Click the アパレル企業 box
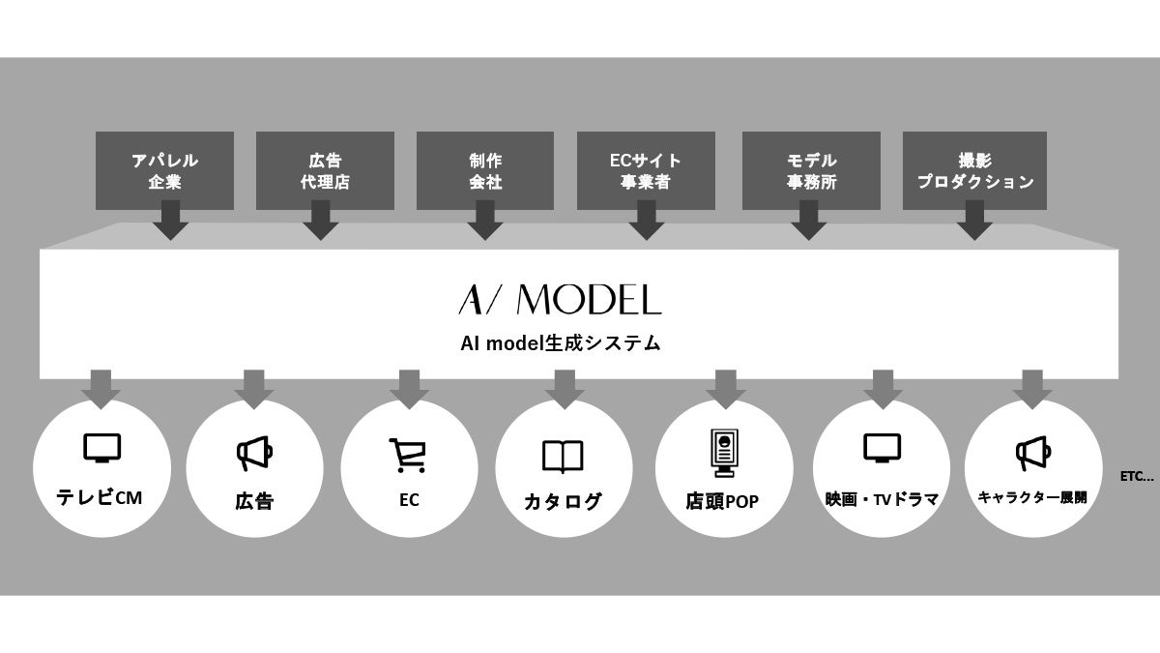(165, 170)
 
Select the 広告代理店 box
(325, 170)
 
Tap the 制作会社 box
(485, 170)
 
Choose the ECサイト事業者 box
(646, 170)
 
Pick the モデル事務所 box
(811, 170)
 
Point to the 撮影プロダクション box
(975, 170)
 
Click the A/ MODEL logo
(560, 301)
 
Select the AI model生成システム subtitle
(561, 343)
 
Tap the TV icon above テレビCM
(101, 448)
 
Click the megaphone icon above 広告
(254, 453)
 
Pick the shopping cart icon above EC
(407, 455)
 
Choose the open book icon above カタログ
(562, 456)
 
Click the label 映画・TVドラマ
(882, 500)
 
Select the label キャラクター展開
(1032, 498)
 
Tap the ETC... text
(1137, 476)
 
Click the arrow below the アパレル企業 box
(171, 222)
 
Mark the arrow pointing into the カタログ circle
(565, 388)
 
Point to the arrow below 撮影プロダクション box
(975, 222)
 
